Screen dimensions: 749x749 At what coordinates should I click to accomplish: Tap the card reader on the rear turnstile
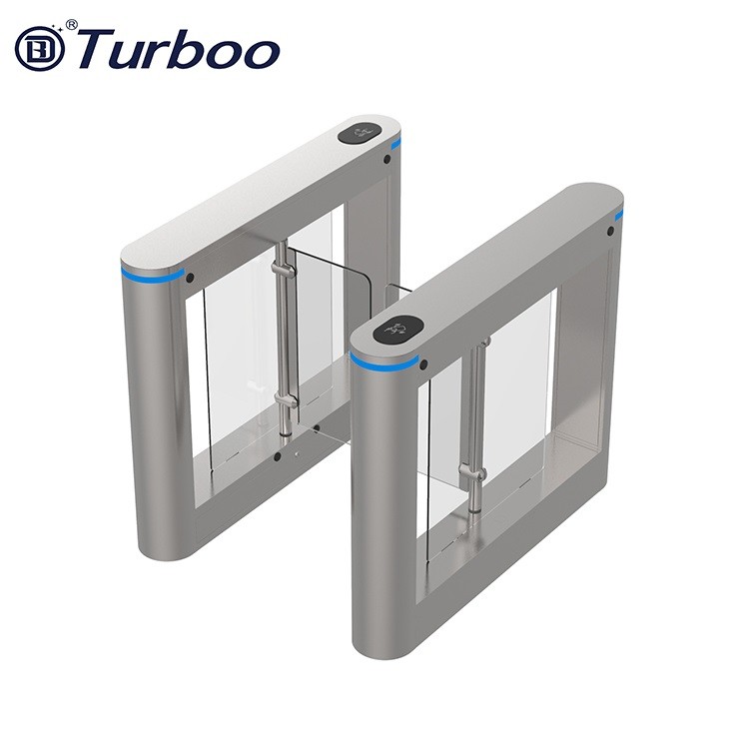pyautogui.click(x=361, y=131)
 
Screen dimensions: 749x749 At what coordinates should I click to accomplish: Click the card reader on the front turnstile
pyautogui.click(x=395, y=327)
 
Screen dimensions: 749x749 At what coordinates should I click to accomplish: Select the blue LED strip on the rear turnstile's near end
pyautogui.click(x=153, y=273)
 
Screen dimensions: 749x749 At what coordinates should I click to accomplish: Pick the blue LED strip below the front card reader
pyautogui.click(x=383, y=361)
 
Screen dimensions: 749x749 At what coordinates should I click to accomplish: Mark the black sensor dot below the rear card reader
pyautogui.click(x=386, y=159)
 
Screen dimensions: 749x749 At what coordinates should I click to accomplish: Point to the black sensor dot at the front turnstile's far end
pyautogui.click(x=610, y=232)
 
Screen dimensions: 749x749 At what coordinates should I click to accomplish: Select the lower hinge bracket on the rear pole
pyautogui.click(x=285, y=401)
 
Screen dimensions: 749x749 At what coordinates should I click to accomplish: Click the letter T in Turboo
pyautogui.click(x=95, y=48)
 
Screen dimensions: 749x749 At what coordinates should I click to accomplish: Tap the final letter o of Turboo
pyautogui.click(x=262, y=52)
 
